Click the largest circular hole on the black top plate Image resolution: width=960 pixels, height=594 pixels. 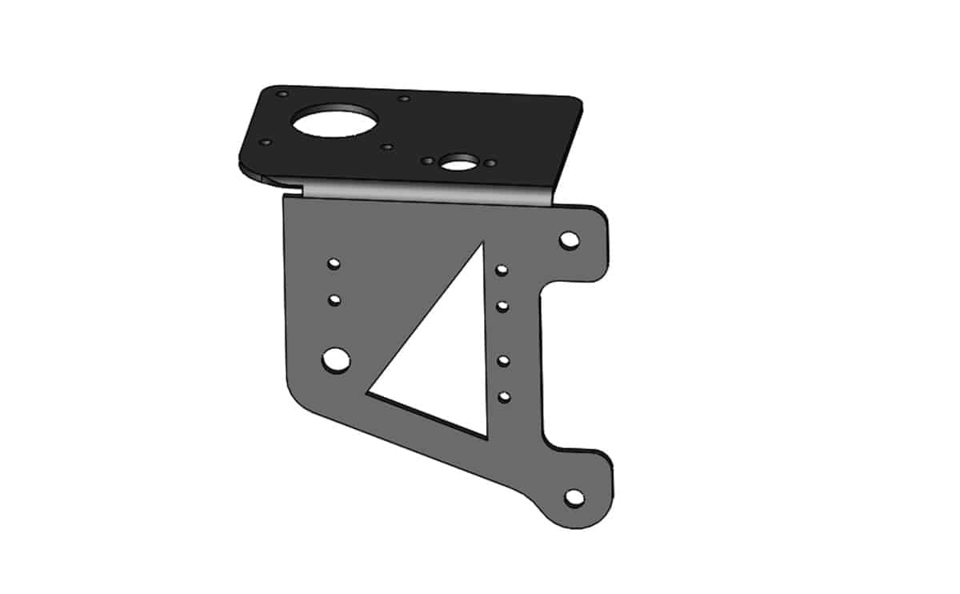tap(334, 122)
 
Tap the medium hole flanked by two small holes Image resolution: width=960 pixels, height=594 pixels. tap(457, 163)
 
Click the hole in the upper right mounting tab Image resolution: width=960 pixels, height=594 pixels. tap(570, 239)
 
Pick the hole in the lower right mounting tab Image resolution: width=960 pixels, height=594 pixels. tap(574, 497)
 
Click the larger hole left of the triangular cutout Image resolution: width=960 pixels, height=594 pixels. tap(336, 359)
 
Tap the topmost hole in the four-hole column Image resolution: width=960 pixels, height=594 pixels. tap(502, 271)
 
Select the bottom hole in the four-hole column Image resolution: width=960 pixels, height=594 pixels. tap(504, 396)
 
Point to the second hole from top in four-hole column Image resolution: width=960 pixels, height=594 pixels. tap(503, 306)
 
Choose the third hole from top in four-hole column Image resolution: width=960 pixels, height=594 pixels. tap(503, 360)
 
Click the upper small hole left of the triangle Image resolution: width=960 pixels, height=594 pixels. tap(334, 263)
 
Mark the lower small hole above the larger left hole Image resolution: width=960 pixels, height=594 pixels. tap(334, 300)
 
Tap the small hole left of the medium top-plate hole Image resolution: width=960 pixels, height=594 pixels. tap(428, 161)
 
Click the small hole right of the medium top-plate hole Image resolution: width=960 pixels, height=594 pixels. tap(490, 163)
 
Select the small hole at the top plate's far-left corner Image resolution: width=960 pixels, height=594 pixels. tap(266, 142)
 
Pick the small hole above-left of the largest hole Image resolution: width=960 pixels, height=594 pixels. tap(282, 94)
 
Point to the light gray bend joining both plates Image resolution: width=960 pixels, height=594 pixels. tap(424, 193)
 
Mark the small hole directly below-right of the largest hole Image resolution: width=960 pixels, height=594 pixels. tap(387, 147)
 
